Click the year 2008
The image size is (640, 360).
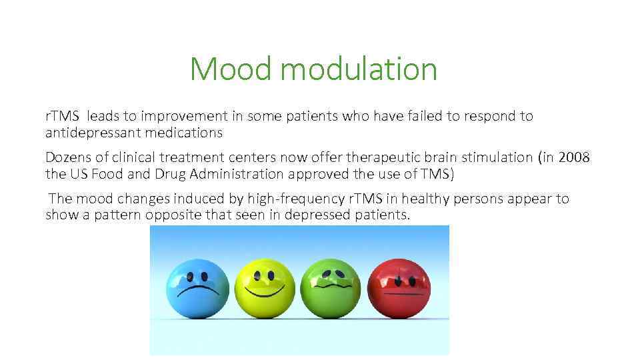pyautogui.click(x=573, y=157)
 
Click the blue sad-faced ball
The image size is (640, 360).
pyautogui.click(x=197, y=288)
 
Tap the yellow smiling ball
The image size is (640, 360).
pyautogui.click(x=265, y=288)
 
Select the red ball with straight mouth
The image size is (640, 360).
pyautogui.click(x=399, y=288)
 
